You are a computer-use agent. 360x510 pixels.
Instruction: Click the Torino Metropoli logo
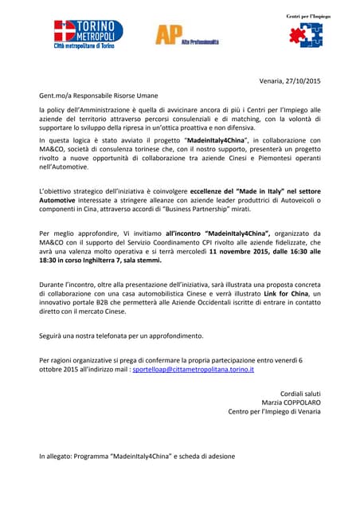coord(88,36)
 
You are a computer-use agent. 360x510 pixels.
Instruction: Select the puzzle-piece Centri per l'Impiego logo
coord(305,35)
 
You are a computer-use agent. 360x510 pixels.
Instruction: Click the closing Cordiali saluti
coord(301,394)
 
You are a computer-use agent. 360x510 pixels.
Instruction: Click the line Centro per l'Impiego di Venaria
coord(274,412)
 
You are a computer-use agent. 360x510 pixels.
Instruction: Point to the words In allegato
coord(54,457)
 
